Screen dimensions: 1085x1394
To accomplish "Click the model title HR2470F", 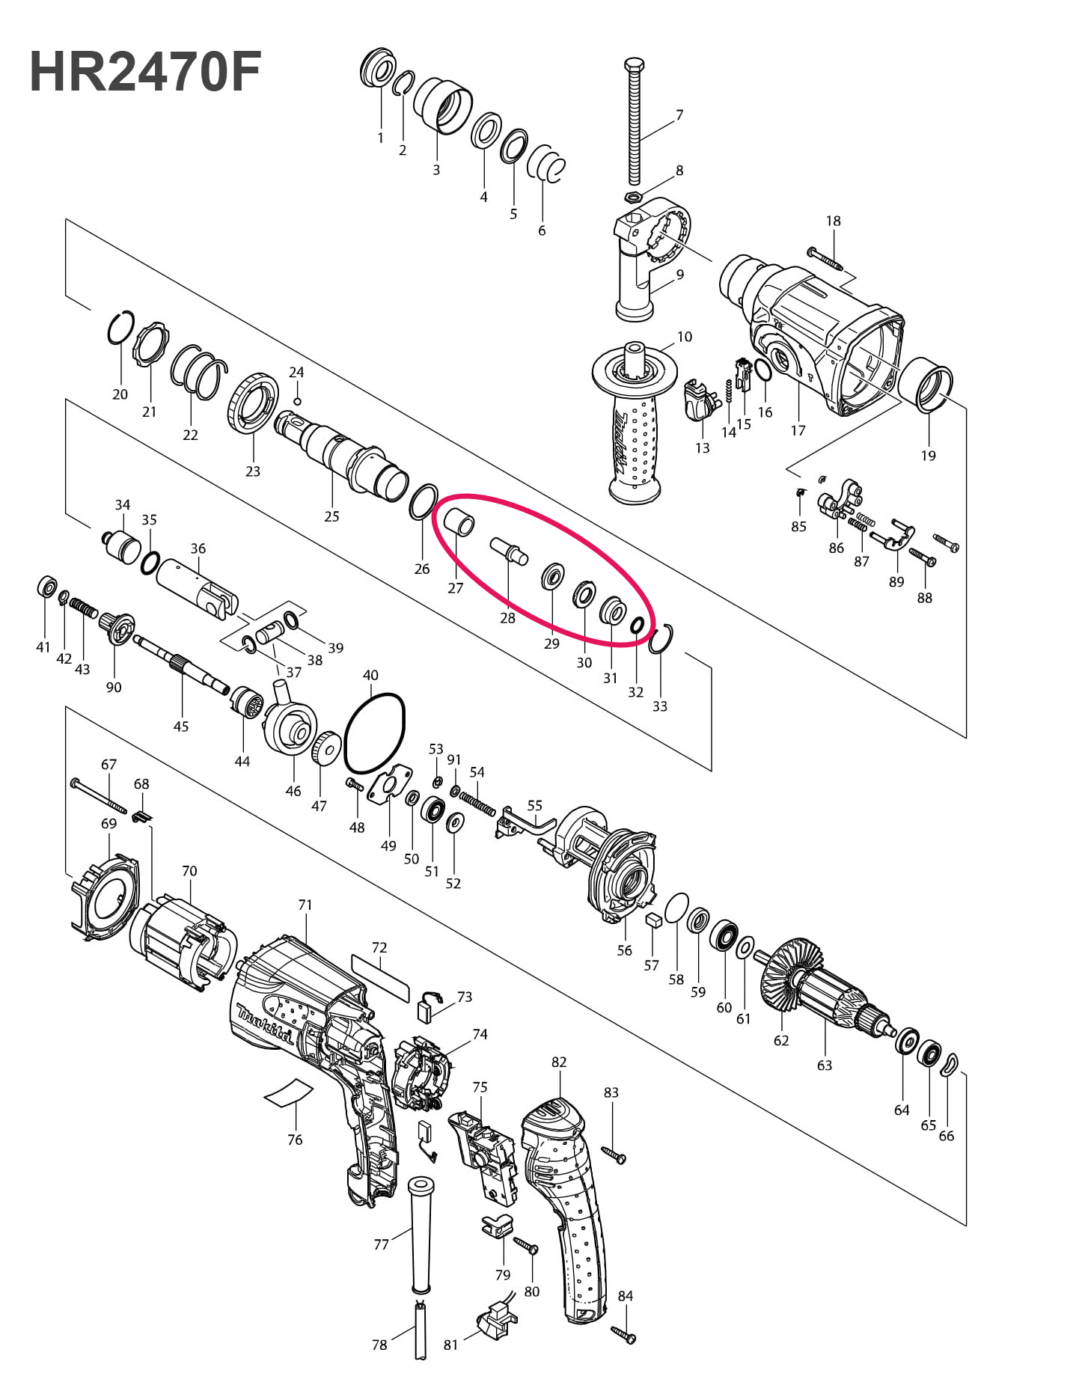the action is [x=145, y=73].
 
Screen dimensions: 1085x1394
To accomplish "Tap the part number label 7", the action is [x=679, y=115].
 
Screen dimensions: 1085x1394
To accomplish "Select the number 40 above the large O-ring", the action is [x=370, y=676].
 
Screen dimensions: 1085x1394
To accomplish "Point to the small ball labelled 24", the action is [x=297, y=401].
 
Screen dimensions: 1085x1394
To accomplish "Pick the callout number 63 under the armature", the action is [x=825, y=1065].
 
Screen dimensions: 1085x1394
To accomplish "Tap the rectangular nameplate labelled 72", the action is [x=381, y=977].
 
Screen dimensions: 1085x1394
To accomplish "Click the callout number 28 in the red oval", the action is [x=507, y=618].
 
